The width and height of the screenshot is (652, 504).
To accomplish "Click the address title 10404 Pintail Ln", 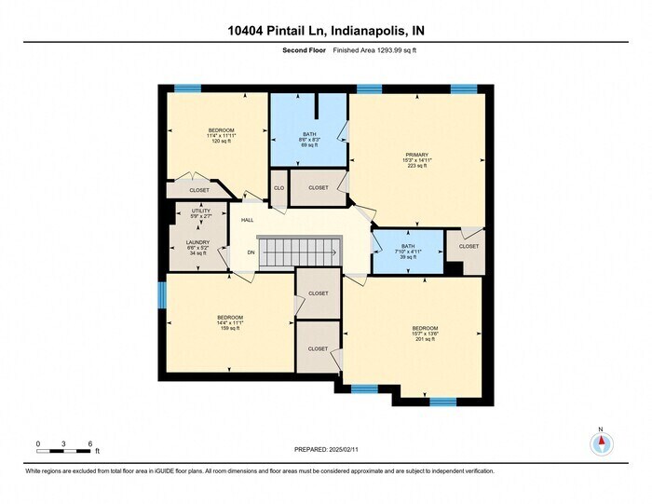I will pyautogui.click(x=326, y=31).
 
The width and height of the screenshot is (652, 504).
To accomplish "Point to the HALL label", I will pyautogui.click(x=248, y=220).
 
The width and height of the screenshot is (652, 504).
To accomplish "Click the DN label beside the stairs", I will pyautogui.click(x=251, y=252).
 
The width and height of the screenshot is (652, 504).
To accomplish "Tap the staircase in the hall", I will pyautogui.click(x=299, y=251).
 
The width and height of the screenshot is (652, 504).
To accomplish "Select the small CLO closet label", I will pyautogui.click(x=278, y=188).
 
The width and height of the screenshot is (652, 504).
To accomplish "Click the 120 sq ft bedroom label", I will pyautogui.click(x=221, y=135).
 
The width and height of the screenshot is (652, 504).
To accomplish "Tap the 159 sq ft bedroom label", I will pyautogui.click(x=230, y=322).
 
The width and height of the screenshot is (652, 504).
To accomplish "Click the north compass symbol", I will pyautogui.click(x=602, y=444).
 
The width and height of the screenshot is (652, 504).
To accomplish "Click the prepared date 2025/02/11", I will pyautogui.click(x=326, y=449).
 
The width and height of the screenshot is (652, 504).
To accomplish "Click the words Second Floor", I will pyautogui.click(x=304, y=51).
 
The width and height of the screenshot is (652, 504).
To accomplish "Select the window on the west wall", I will pyautogui.click(x=162, y=295).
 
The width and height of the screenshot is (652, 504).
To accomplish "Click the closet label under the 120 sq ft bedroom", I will pyautogui.click(x=199, y=190).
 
